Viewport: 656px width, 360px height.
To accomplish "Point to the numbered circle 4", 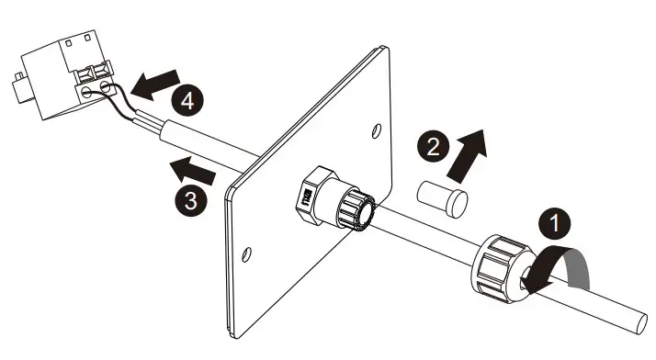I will (188, 101).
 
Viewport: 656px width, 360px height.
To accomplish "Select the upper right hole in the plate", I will (375, 131).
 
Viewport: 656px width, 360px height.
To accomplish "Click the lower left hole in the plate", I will (246, 252).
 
